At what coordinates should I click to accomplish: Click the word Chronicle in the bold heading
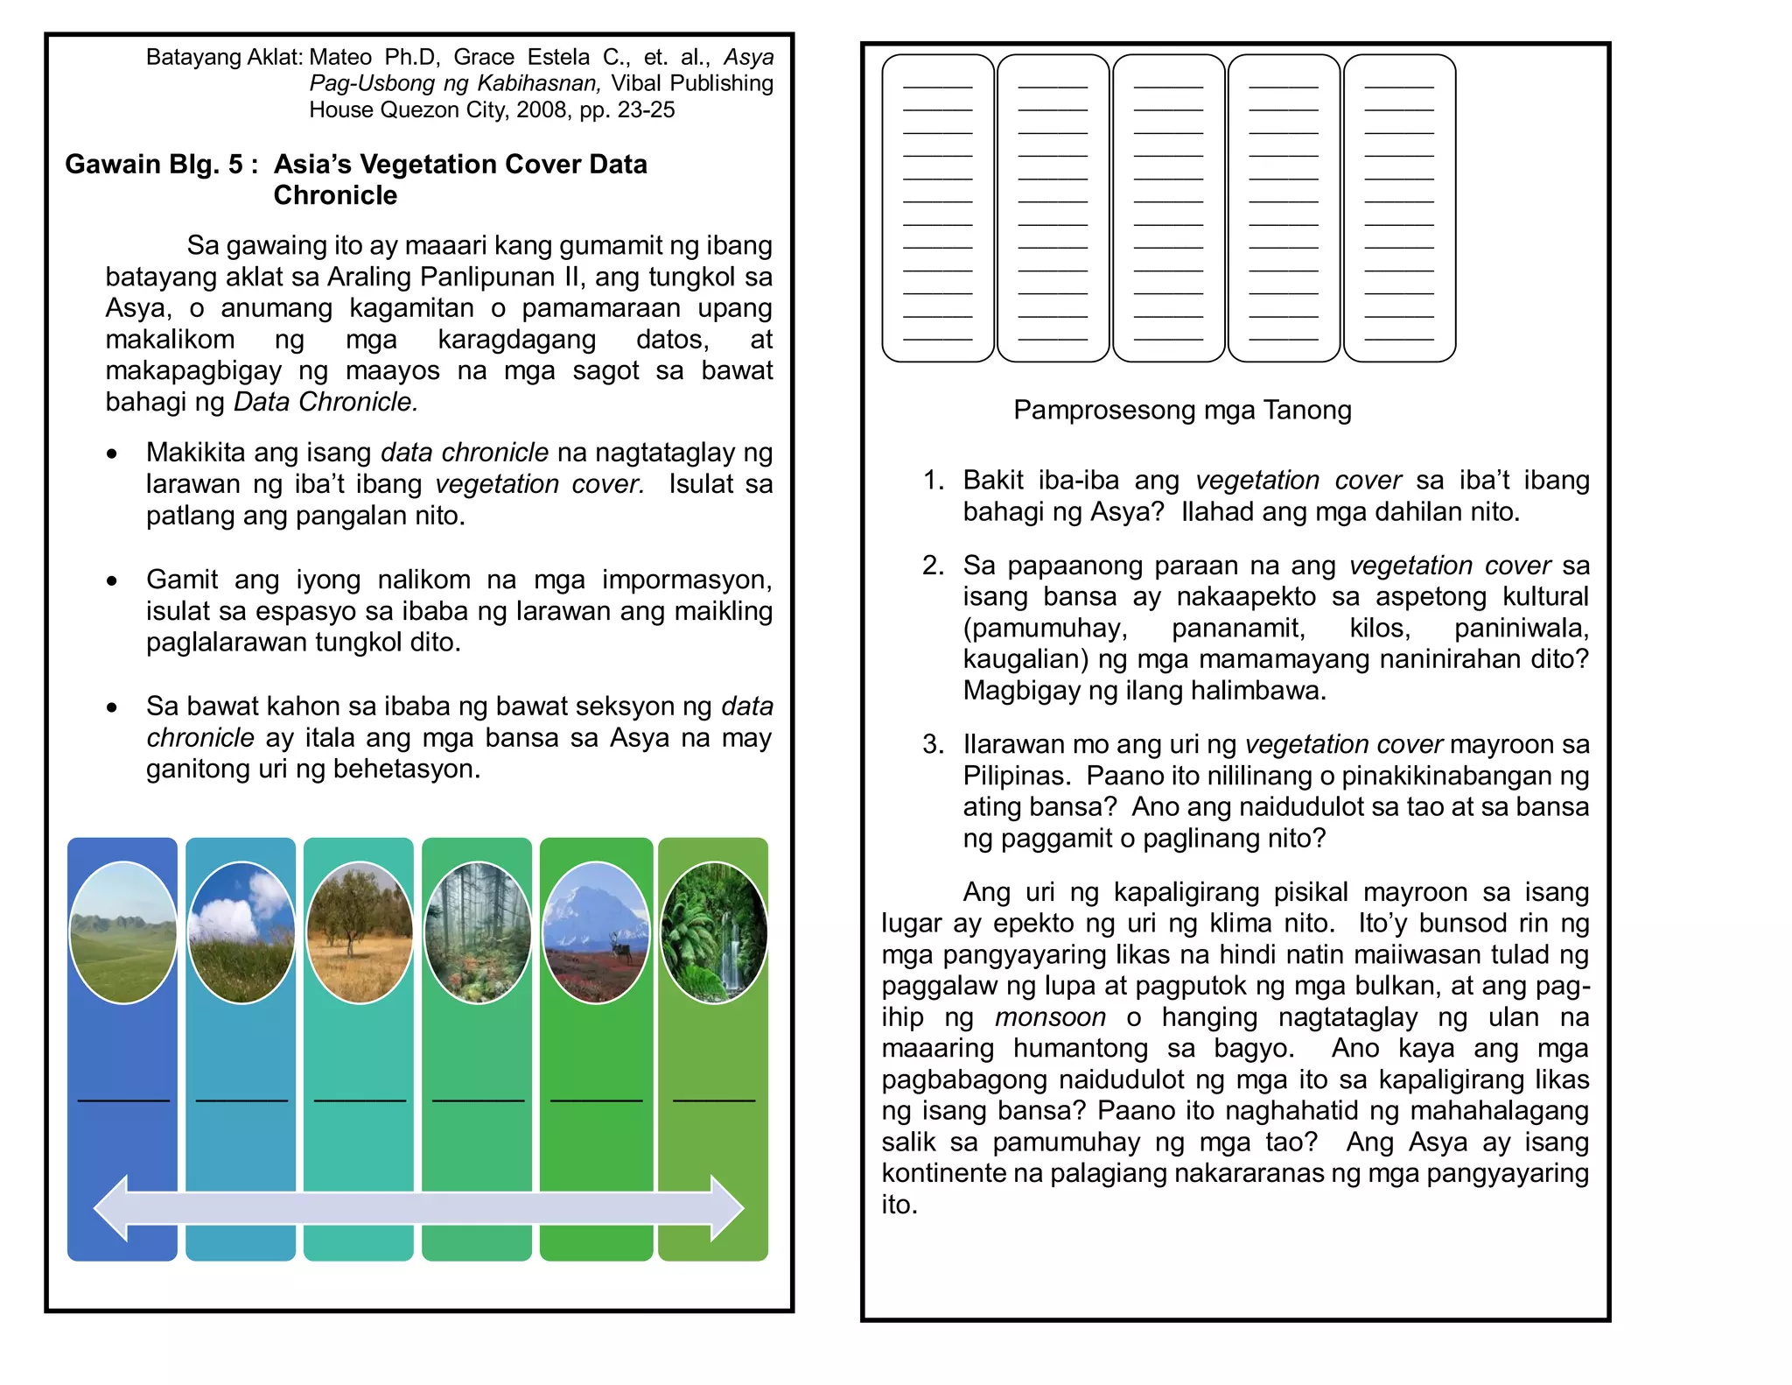(335, 195)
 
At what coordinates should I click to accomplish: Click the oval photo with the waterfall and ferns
(713, 932)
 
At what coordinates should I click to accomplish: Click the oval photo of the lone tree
(359, 932)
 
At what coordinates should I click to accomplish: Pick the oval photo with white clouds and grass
(241, 932)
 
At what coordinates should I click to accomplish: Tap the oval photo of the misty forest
(477, 932)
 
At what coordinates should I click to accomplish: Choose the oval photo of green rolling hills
(122, 932)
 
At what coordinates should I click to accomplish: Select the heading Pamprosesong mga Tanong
(1181, 410)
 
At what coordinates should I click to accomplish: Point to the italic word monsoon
(1050, 1017)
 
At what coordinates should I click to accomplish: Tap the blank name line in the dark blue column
(123, 1099)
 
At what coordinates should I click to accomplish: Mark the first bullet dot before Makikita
(111, 453)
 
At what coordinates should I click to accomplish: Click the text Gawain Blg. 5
(154, 165)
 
